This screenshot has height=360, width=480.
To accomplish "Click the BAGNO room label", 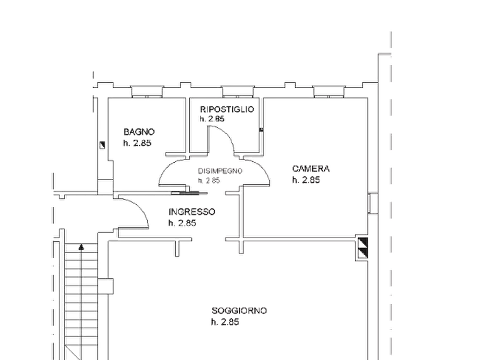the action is pos(139,132).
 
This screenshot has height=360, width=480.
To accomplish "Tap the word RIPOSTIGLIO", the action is pos(227,109).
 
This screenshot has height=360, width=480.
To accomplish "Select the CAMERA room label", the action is pos(311,169).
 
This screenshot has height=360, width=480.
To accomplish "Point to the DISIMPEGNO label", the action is pos(220,171).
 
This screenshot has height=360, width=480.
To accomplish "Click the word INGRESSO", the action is pos(192,212).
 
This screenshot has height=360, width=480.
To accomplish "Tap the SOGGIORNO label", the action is pos(239,311).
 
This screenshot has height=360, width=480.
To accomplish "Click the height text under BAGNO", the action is pos(137,143).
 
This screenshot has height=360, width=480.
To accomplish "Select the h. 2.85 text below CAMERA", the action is pos(306,180).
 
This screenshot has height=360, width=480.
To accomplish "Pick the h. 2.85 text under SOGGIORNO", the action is pos(225,322).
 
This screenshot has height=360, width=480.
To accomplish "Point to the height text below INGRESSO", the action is pos(182,223).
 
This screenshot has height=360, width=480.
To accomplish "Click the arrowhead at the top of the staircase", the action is pos(81,247).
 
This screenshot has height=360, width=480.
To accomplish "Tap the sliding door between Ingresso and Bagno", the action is pos(189,193).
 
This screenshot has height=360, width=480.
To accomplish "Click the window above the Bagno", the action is pos(147,92).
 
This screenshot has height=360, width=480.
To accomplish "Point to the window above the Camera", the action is pos(329,92).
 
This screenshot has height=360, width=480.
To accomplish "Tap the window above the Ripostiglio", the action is pos(238,92).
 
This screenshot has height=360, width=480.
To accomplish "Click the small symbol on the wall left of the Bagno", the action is pos(102,145).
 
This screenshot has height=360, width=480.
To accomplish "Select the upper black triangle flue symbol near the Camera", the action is pos(363,242).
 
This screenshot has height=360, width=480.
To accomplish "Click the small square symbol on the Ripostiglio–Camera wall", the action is pos(261,130).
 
